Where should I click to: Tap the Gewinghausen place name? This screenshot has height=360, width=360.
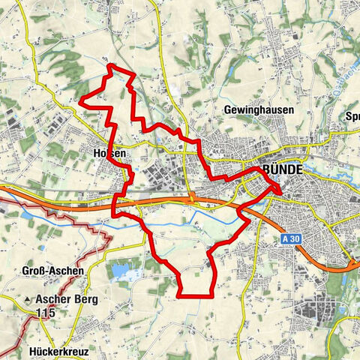click(259, 109)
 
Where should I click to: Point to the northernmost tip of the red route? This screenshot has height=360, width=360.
click(112, 67)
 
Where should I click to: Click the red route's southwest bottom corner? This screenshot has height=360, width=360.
click(181, 295)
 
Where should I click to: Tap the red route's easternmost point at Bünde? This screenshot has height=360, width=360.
click(281, 192)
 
